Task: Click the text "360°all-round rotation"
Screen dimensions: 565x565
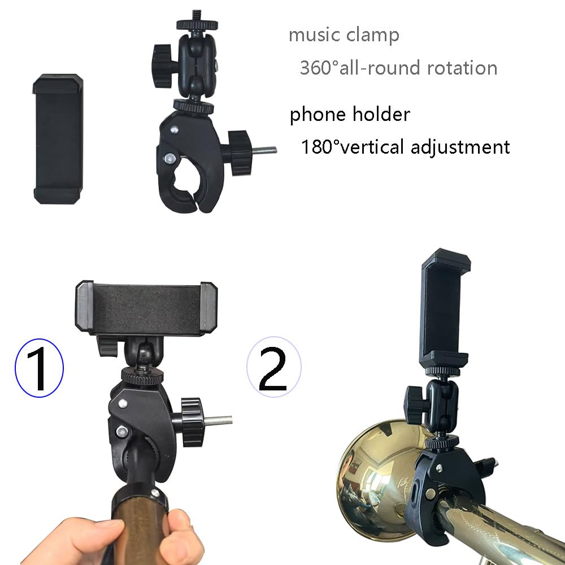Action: click(x=398, y=68)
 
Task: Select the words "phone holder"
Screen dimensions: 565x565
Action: click(x=350, y=115)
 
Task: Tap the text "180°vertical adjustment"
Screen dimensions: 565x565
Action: click(x=405, y=147)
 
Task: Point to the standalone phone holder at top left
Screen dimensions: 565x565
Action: click(x=59, y=138)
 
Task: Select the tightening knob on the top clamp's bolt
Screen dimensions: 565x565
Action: click(x=238, y=145)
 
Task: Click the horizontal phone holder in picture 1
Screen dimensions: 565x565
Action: click(x=146, y=308)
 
